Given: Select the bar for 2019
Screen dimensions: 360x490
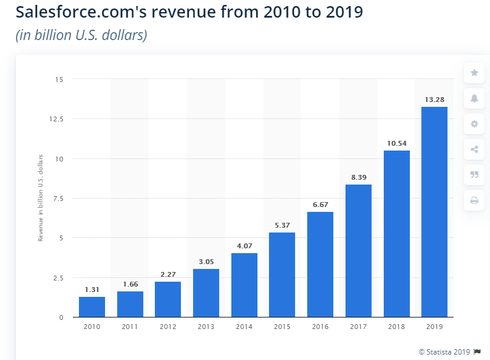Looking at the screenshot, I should coord(434,212).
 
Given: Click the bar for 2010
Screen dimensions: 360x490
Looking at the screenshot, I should coord(92,307).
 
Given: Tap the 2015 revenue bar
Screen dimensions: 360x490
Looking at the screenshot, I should coord(282,274).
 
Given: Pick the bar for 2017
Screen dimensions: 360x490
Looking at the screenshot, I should coord(358,251).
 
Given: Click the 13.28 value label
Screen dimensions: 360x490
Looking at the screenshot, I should coord(434,99).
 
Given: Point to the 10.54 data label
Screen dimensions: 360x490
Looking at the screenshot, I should coord(396,143).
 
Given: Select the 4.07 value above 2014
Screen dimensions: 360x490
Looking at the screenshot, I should coord(244,245).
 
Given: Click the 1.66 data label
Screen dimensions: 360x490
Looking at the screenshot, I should coord(130,284).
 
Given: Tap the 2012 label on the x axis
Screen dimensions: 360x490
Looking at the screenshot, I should coord(168,326).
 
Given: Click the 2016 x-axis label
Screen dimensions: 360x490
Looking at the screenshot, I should coord(320,326).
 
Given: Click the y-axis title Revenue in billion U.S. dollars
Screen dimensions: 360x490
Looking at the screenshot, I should coord(41,198).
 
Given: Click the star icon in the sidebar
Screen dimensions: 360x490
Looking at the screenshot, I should coord(474,73).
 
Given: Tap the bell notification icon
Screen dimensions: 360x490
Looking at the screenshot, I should coord(474,98).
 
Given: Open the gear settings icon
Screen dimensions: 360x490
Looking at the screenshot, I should coord(474,124).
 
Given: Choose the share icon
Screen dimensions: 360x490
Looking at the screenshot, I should coord(474,149).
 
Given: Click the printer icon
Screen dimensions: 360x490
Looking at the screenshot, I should coord(474,200).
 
